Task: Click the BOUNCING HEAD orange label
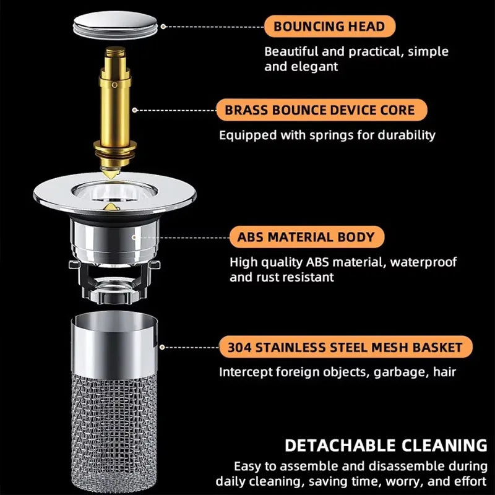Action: click(330, 26)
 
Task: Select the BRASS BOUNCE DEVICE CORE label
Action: click(322, 110)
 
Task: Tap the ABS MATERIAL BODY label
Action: click(306, 237)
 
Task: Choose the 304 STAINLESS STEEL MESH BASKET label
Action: click(346, 347)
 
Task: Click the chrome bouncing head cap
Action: click(115, 25)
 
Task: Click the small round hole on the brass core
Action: click(114, 85)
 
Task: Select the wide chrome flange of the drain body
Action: click(114, 193)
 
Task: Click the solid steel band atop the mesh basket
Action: click(114, 345)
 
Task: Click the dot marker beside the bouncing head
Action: click(163, 27)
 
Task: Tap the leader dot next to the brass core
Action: click(135, 110)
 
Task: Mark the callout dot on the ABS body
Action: click(134, 237)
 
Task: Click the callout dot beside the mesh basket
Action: click(162, 347)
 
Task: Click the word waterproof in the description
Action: click(423, 262)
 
